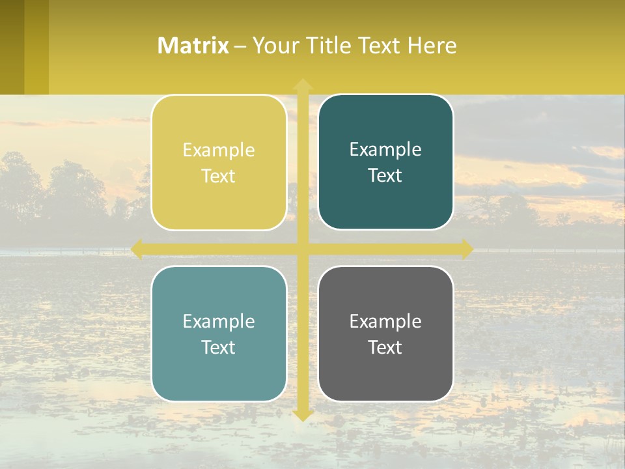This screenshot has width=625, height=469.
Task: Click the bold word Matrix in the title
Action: pos(193,46)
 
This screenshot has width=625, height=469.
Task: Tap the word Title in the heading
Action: pos(329,46)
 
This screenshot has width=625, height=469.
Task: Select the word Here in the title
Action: pos(432,46)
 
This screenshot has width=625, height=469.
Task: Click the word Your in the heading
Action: pos(275,46)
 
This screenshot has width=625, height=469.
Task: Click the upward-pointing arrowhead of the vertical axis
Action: pos(303,85)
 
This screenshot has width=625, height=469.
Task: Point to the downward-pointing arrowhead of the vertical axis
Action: pos(303,415)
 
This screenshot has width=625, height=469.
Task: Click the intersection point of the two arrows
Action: pos(303,249)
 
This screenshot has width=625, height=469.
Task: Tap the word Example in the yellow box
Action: pos(219,150)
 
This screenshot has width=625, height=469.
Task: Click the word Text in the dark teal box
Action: pos(385,176)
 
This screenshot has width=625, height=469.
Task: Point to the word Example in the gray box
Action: pos(385,321)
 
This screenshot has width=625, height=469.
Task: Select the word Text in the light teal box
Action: pos(219,347)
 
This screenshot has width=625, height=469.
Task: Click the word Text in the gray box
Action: pos(385,347)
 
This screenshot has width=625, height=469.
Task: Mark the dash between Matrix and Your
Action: pos(240,47)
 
